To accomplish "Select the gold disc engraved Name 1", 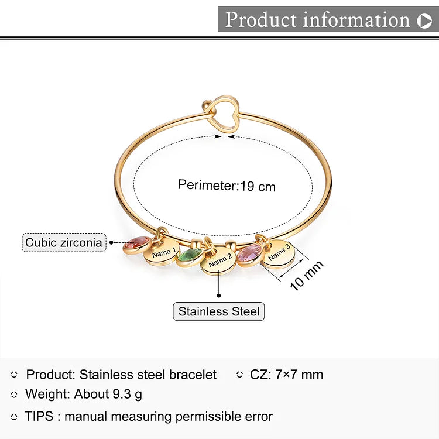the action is [x=162, y=253].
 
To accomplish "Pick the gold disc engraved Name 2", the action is [x=220, y=261].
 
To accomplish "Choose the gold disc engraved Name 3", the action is [x=278, y=254].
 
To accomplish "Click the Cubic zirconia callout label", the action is [x=64, y=242].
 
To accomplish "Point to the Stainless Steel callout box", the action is [x=219, y=311].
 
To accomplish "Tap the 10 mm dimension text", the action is [x=307, y=276].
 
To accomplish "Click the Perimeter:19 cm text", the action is [x=227, y=186].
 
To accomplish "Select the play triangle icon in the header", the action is [x=424, y=20].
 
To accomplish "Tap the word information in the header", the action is [x=356, y=19].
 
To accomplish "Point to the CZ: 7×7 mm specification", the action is [x=286, y=375].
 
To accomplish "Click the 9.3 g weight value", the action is [x=128, y=395].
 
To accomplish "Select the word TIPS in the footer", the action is [x=39, y=416].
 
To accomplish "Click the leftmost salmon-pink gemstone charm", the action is [x=137, y=245].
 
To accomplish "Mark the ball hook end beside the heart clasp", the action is [x=207, y=105].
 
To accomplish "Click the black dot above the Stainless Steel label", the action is [x=219, y=296].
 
